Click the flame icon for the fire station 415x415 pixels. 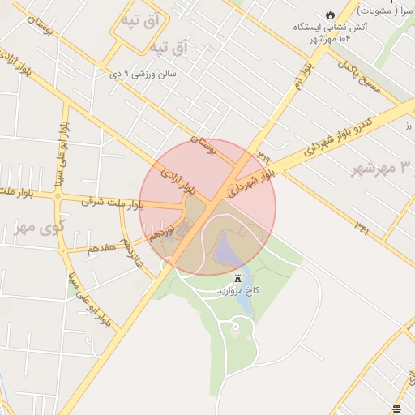(x=329, y=15)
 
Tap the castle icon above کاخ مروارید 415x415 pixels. (x=237, y=278)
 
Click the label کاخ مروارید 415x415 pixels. (x=237, y=289)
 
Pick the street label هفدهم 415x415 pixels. (x=105, y=248)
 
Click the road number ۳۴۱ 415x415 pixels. (x=362, y=229)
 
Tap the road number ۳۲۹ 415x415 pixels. (x=264, y=152)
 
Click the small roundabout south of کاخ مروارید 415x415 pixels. (x=234, y=327)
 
